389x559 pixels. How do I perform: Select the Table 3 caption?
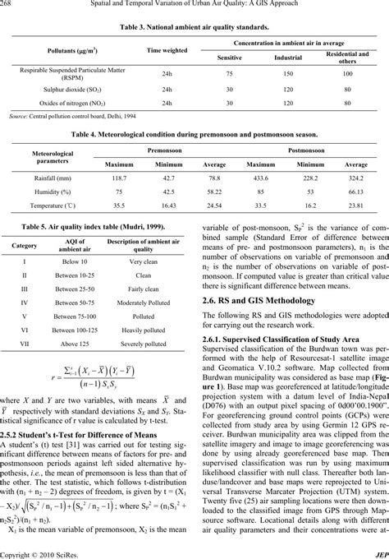(x=194, y=27)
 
